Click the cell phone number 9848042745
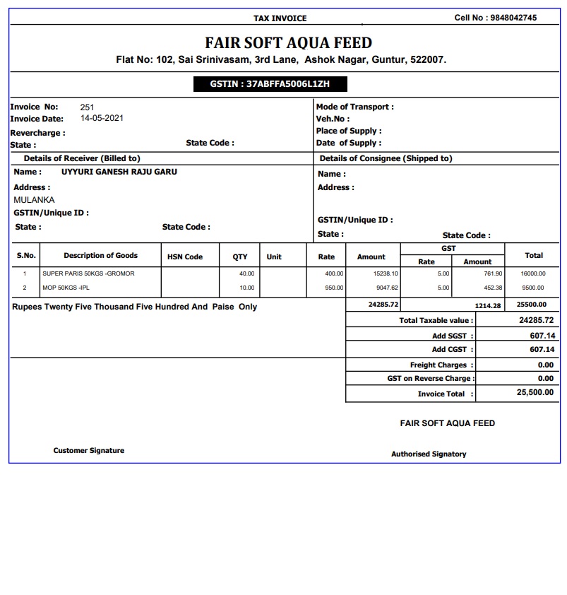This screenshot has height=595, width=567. coord(513,18)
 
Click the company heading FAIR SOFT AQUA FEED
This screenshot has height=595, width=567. coord(288,42)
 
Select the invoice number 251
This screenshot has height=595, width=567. coord(87,107)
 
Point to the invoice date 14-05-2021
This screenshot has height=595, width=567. coord(102,119)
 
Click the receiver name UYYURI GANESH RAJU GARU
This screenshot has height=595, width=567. coord(119,172)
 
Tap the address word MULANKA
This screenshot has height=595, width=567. coord(34,200)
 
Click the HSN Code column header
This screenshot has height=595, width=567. coord(185,257)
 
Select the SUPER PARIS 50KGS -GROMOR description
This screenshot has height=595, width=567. coord(88,273)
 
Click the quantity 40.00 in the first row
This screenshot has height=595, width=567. coord(246,273)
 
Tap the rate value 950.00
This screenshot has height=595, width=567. coord(334,288)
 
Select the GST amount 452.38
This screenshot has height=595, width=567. coord(492,288)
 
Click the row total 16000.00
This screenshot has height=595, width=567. coord(532,273)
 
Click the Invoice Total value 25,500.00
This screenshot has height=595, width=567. coord(535,393)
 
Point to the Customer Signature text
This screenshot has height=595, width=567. coord(89,451)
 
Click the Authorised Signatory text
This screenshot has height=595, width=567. coord(429,454)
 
